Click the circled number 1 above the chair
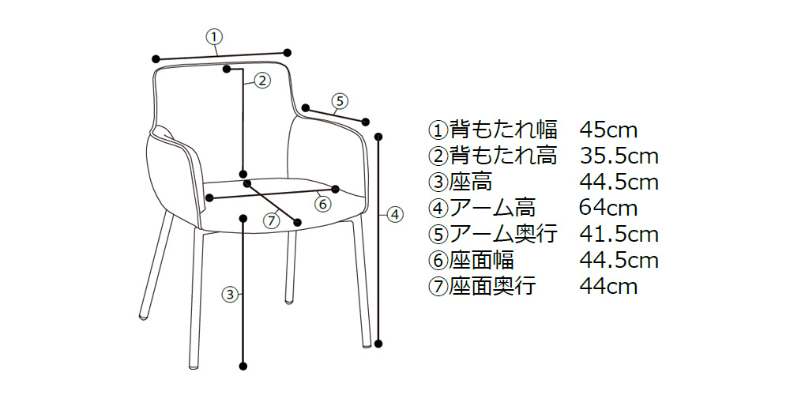pyautogui.click(x=214, y=36)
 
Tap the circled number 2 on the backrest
pyautogui.click(x=262, y=79)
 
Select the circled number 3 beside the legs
pyautogui.click(x=230, y=295)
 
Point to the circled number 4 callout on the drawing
pyautogui.click(x=395, y=213)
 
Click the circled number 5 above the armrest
pyautogui.click(x=338, y=100)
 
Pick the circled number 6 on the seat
pyautogui.click(x=322, y=203)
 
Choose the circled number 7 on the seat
pyautogui.click(x=272, y=220)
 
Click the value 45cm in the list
pyautogui.click(x=608, y=129)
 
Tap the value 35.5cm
pyautogui.click(x=619, y=155)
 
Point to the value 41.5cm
pyautogui.click(x=619, y=234)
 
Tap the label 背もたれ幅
pyautogui.click(x=503, y=129)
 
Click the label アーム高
pyautogui.click(x=493, y=208)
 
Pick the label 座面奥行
pyautogui.click(x=493, y=286)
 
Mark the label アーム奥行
pyautogui.click(x=503, y=234)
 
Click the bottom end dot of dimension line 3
pyautogui.click(x=243, y=366)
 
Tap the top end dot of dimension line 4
pyautogui.click(x=380, y=135)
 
